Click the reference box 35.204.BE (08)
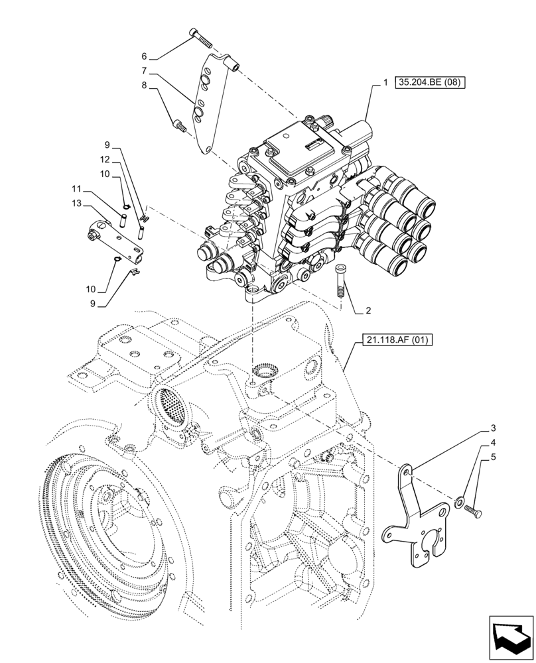[x=431, y=83]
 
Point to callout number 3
[x=494, y=428]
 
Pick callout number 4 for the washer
[x=494, y=442]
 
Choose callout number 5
[x=494, y=457]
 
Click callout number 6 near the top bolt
[x=143, y=57]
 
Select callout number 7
[x=143, y=71]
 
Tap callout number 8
[x=143, y=85]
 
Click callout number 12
[x=104, y=160]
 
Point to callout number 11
[x=77, y=189]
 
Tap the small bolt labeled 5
[x=474, y=510]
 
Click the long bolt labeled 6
[x=200, y=37]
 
